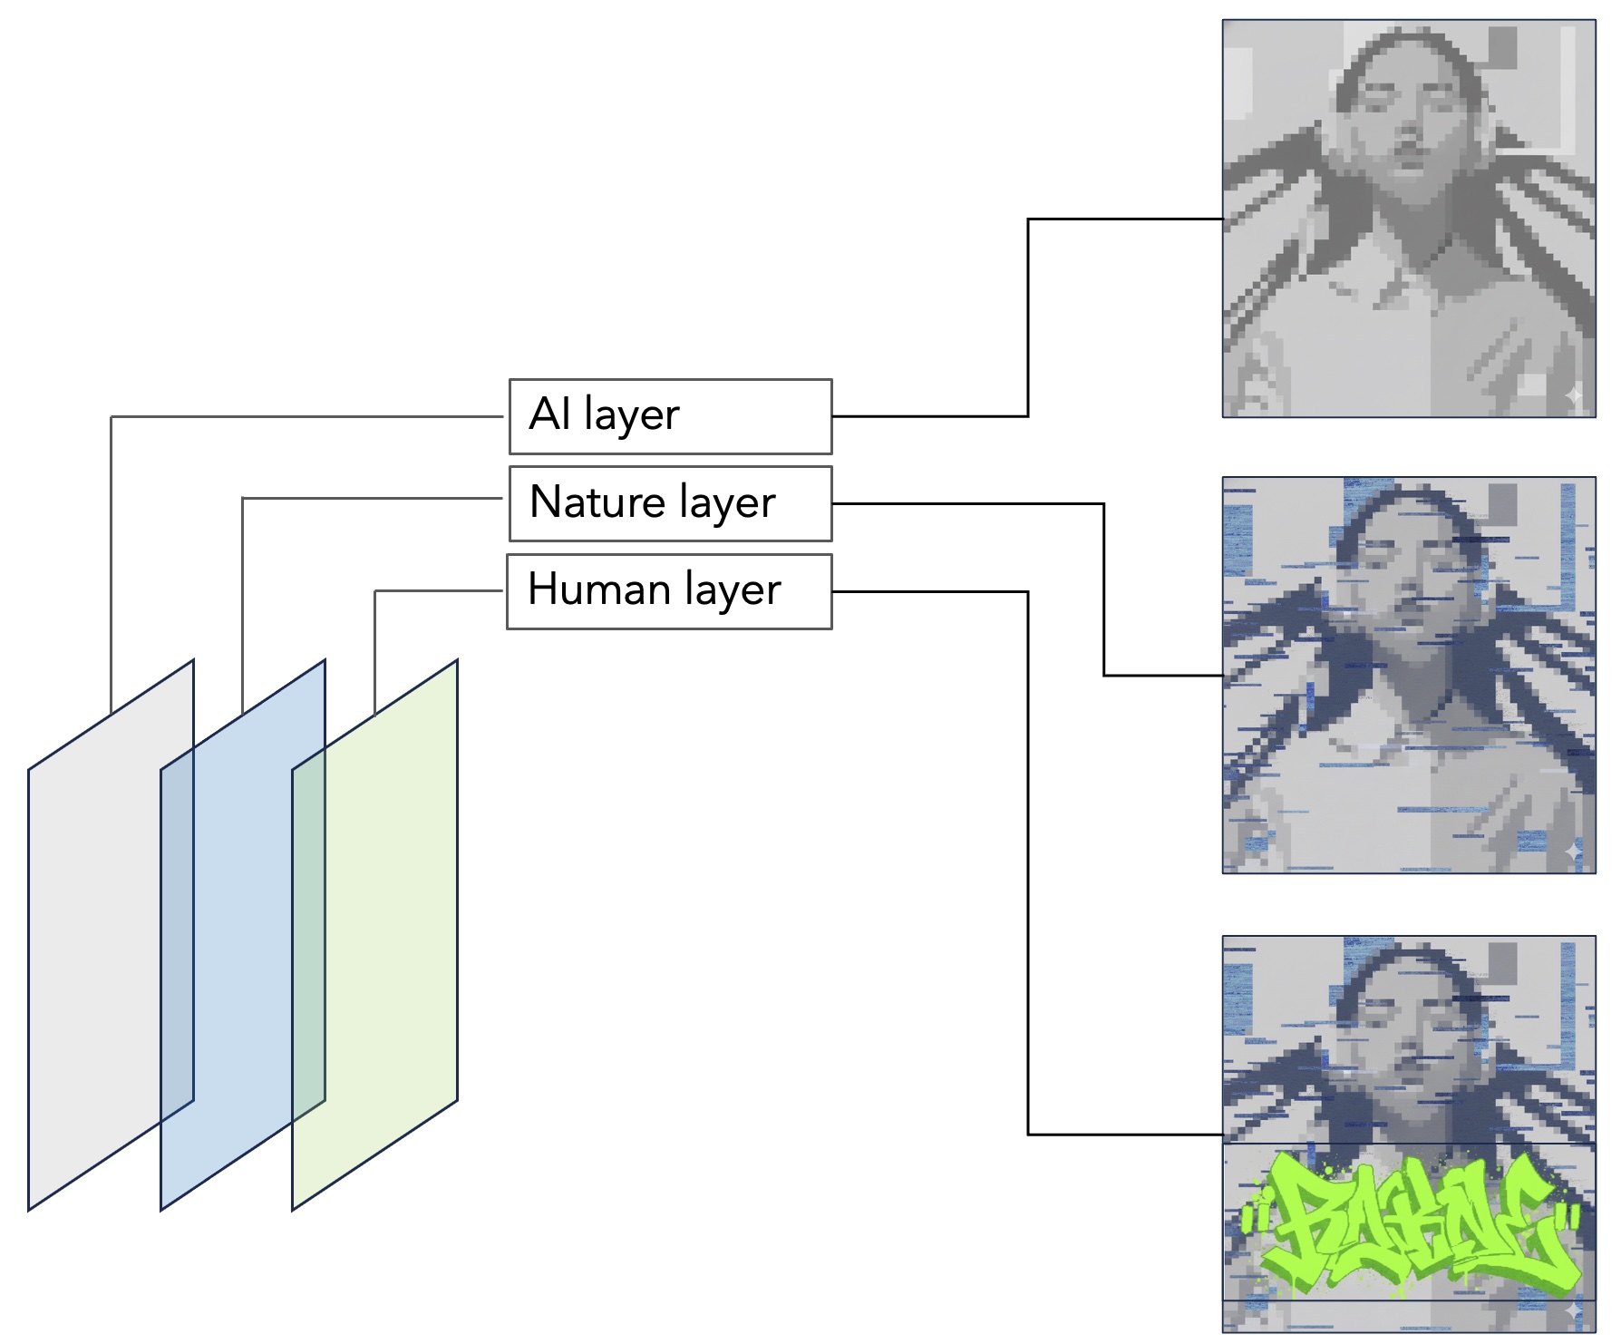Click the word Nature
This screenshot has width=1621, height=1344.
[x=597, y=502]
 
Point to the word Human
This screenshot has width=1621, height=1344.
[x=599, y=589]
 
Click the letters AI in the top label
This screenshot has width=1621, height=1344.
[x=549, y=414]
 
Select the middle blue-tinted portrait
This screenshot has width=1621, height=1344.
[x=1408, y=676]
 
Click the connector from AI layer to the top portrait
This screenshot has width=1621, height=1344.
[x=1028, y=317]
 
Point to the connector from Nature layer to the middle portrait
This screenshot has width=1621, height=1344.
[x=1103, y=589]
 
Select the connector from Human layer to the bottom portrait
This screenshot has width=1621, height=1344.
[x=1028, y=862]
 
